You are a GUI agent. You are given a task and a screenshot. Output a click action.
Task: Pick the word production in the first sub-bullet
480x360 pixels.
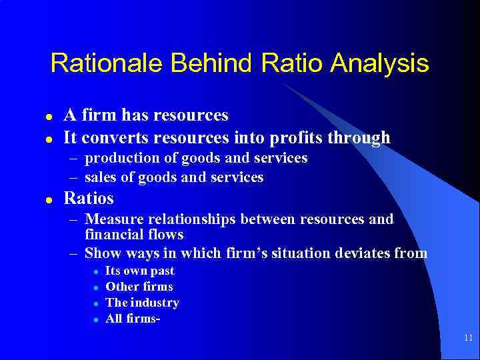tap(123, 158)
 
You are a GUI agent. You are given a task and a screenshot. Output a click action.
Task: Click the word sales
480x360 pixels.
tap(101, 177)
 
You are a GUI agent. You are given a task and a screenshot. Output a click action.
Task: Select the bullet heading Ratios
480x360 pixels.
tap(89, 199)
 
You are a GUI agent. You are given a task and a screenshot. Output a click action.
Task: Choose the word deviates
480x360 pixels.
tap(365, 253)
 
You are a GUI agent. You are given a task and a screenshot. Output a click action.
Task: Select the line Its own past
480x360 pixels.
tap(140, 271)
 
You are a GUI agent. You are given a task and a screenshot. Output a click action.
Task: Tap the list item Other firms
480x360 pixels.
tap(139, 287)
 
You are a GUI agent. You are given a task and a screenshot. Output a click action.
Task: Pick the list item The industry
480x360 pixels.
tap(143, 303)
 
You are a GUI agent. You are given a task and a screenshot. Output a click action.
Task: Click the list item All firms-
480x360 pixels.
tap(133, 319)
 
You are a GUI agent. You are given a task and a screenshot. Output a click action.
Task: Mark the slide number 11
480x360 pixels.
tap(468, 339)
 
